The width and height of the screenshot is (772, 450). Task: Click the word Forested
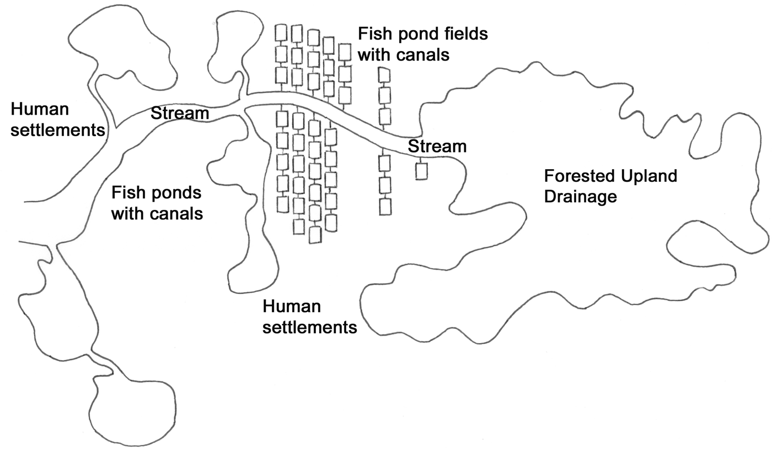[579, 177]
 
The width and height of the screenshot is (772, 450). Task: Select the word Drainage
[580, 197]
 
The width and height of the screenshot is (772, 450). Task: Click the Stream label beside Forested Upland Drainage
[437, 147]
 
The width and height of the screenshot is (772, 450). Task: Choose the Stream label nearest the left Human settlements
[180, 113]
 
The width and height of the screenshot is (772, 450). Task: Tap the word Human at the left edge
[39, 110]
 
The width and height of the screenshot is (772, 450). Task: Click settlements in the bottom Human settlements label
[309, 327]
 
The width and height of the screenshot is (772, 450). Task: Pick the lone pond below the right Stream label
[421, 171]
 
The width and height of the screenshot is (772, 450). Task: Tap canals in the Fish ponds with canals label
[175, 213]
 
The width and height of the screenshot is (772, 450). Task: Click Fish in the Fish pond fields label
[372, 34]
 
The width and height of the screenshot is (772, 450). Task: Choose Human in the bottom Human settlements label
[292, 307]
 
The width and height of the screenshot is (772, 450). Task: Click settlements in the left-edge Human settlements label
[57, 131]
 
